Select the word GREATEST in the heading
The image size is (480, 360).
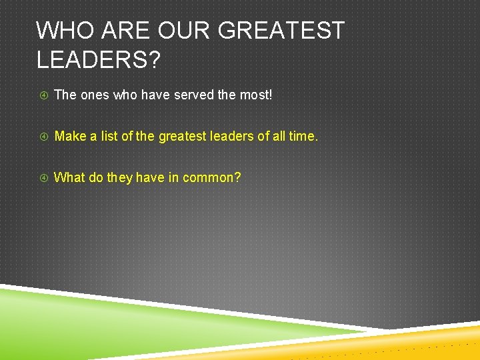click(282, 31)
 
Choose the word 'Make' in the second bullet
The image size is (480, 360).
click(70, 136)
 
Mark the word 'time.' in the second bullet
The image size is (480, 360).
click(305, 136)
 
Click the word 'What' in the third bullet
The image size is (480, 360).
click(69, 177)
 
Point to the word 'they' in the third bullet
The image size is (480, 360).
click(120, 178)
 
